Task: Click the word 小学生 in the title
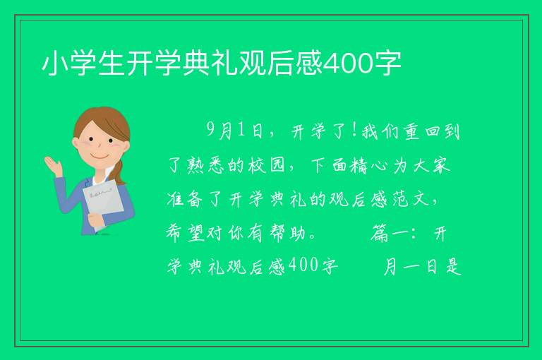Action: pos(83,64)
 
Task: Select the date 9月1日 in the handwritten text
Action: pos(235,131)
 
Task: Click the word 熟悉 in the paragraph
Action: pos(207,165)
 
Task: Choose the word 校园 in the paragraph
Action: pos(265,165)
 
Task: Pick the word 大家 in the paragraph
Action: pos(432,165)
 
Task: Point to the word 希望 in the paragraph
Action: pos(186,233)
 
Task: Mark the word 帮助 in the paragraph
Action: pos(288,233)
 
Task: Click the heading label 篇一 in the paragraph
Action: pos(391,233)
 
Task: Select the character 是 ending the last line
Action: pos(453,267)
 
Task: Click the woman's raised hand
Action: pos(53,166)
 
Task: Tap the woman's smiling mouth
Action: pos(100,157)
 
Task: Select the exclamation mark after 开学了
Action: pos(354,131)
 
